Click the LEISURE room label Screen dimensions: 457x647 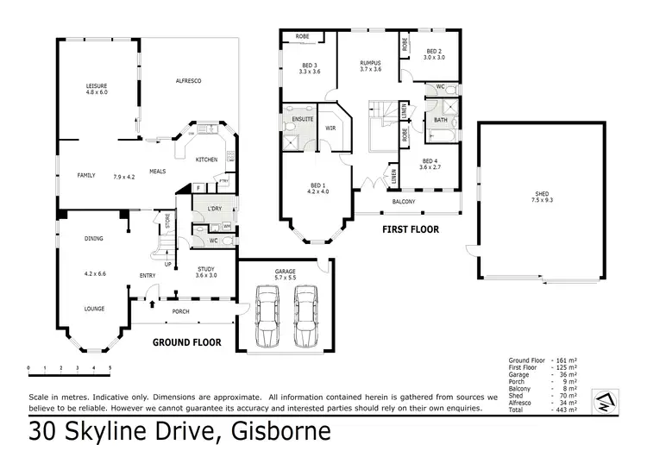(96, 86)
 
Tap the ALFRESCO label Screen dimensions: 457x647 (188, 80)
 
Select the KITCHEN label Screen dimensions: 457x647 (205, 160)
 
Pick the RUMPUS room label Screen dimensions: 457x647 (371, 62)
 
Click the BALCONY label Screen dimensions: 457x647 (404, 202)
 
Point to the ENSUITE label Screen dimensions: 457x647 (302, 118)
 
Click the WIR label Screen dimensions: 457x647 (330, 128)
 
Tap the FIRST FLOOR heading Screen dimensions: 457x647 (411, 230)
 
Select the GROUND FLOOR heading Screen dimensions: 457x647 (186, 342)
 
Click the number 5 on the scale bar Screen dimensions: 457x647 (110, 368)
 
